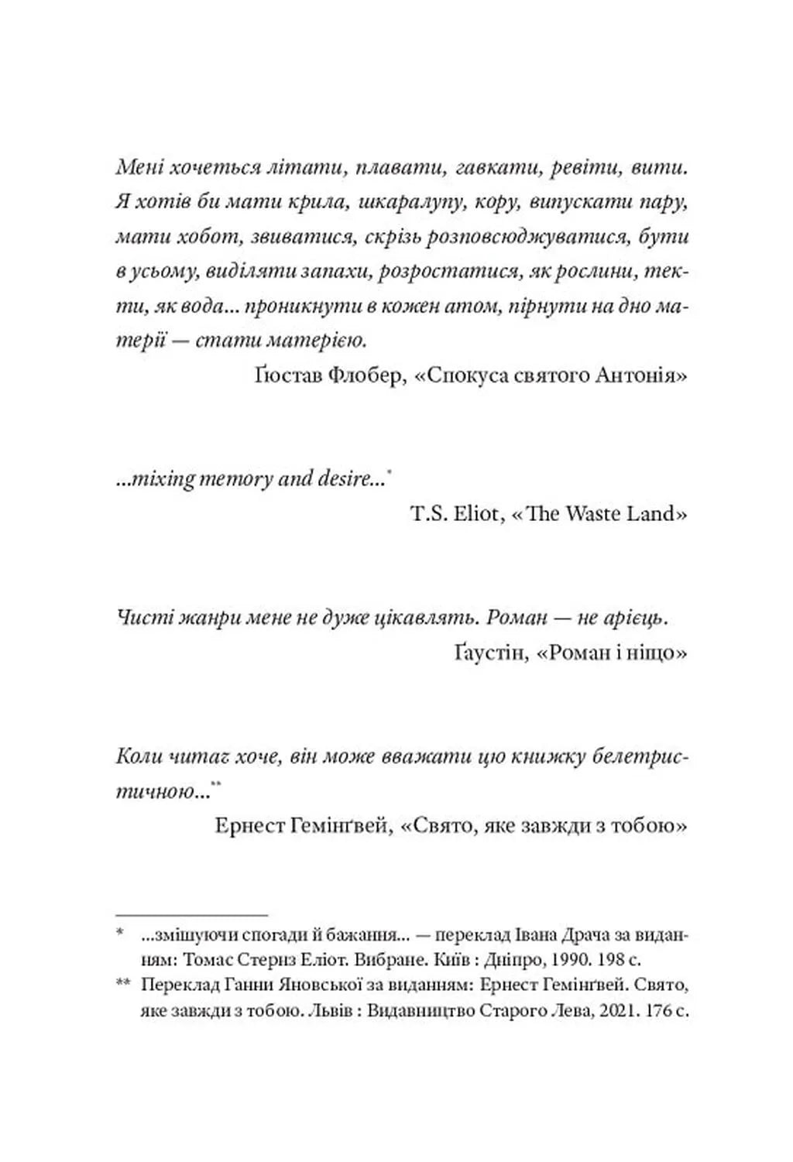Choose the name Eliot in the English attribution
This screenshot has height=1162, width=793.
coord(473,513)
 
